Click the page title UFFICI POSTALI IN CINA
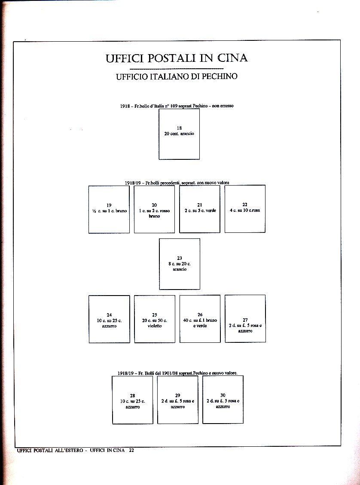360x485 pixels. [x=177, y=58]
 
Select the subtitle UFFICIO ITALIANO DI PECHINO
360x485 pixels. [x=177, y=77]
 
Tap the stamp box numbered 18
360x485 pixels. [x=179, y=134]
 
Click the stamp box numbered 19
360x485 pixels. [x=109, y=209]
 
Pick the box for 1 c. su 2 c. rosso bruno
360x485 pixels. [x=154, y=209]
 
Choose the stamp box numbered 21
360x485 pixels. [x=199, y=209]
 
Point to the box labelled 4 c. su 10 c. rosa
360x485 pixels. [x=245, y=209]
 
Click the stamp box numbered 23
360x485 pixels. [x=179, y=264]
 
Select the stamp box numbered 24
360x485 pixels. [x=109, y=319]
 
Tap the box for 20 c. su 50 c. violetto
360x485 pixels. [x=155, y=319]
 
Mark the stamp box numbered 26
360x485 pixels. [x=200, y=319]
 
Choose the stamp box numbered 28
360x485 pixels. [x=132, y=400]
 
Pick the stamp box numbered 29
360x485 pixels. [x=178, y=400]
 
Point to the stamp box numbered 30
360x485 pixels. [x=223, y=400]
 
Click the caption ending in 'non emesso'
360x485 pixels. [x=177, y=106]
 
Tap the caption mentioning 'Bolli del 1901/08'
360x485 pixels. [x=177, y=373]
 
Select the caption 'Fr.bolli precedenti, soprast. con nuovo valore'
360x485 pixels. [x=177, y=183]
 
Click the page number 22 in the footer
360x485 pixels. [x=131, y=450]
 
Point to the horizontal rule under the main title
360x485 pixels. [x=176, y=69]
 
